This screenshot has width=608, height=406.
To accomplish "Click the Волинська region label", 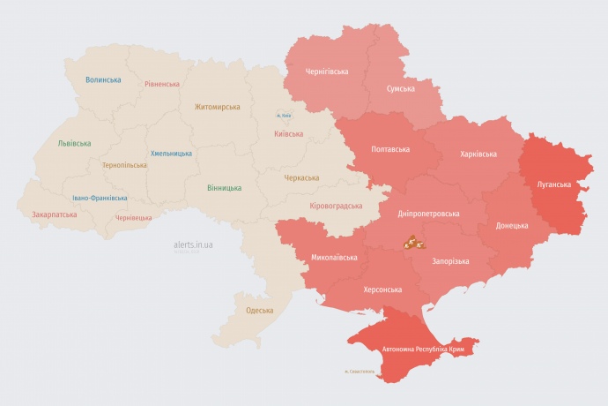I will (103, 79).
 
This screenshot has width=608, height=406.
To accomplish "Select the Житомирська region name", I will (217, 107).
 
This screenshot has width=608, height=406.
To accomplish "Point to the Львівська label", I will (73, 143).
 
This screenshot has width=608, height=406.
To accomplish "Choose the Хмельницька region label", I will (171, 153).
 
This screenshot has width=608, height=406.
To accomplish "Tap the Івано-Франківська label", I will (100, 198).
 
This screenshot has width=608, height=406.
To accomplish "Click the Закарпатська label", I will (54, 214).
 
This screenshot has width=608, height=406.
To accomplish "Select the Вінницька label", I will (224, 188).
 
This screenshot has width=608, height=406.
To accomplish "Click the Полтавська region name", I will (390, 150).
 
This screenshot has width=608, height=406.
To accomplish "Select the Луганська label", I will (554, 184).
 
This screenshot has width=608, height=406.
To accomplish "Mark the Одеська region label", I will (259, 310).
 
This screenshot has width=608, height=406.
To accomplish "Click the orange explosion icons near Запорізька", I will (414, 241).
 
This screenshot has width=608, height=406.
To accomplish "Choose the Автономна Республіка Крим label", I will (422, 350).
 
